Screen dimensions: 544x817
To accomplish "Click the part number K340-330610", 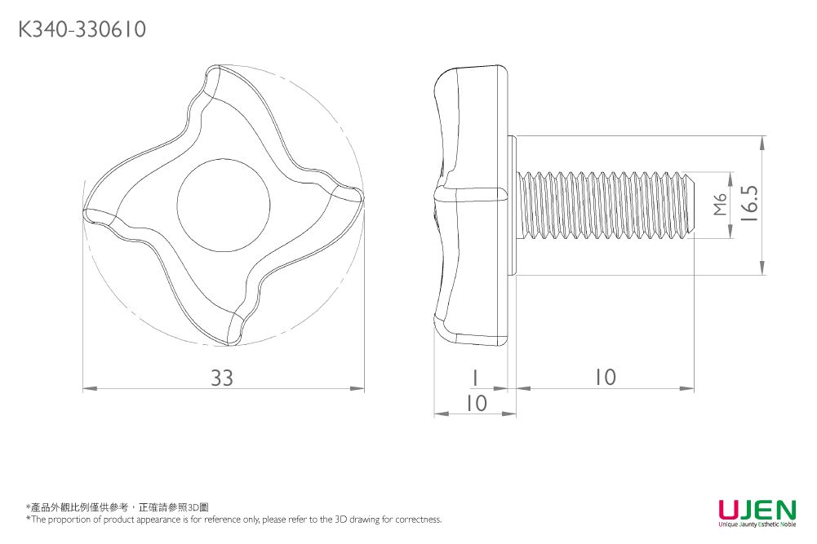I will pyautogui.click(x=82, y=30).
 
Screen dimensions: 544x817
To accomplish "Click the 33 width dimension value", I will pyautogui.click(x=222, y=378).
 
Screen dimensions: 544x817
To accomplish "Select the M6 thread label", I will pyautogui.click(x=719, y=206).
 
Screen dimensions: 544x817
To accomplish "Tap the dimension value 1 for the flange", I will pyautogui.click(x=474, y=378).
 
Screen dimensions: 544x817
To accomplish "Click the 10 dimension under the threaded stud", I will pyautogui.click(x=605, y=378).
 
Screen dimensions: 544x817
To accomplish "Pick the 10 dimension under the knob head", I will pyautogui.click(x=475, y=403).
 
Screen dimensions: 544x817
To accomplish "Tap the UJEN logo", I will pyautogui.click(x=757, y=511).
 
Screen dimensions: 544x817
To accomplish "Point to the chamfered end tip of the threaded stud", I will pyautogui.click(x=690, y=205).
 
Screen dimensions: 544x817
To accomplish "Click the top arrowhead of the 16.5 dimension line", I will pyautogui.click(x=761, y=141).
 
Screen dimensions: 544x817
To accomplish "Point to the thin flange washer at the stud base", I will pyautogui.click(x=513, y=205).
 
